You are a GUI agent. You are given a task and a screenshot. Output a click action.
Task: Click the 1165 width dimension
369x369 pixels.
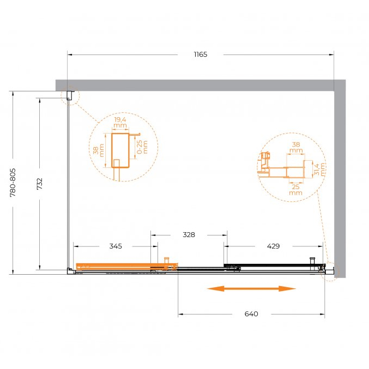201,55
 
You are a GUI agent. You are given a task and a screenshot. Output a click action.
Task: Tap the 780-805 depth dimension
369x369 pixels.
13,183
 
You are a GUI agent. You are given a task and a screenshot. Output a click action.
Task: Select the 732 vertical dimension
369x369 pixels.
40,184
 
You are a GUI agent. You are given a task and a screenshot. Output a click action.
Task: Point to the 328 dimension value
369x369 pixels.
189,234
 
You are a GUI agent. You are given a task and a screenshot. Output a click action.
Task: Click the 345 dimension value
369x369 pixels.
116,246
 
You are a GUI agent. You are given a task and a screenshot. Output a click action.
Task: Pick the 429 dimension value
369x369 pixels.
273,246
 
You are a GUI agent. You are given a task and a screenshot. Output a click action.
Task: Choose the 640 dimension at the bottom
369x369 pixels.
251,314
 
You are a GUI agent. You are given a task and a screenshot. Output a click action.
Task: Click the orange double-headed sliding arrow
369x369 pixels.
251,288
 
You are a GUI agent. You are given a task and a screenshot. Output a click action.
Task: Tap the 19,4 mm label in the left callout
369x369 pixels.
120,123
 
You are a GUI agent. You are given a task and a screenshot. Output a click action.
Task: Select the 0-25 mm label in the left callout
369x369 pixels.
142,147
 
